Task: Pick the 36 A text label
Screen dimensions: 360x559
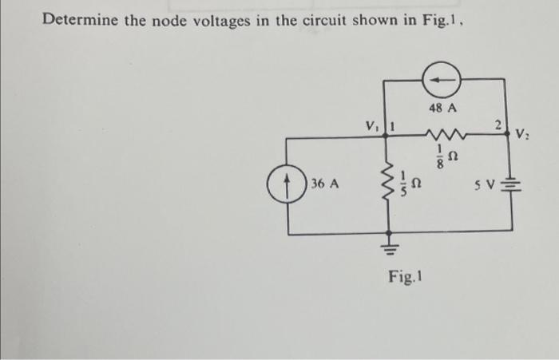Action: [x=325, y=184]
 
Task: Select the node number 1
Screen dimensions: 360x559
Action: [x=394, y=125]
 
